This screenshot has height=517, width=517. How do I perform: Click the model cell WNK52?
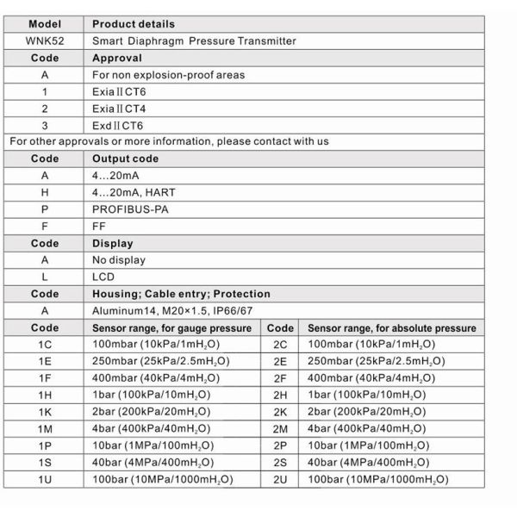tap(45, 40)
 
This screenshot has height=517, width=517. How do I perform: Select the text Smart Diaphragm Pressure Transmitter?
tap(194, 40)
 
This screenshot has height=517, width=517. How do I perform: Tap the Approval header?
tap(117, 58)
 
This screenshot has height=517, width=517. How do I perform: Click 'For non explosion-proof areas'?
tap(168, 75)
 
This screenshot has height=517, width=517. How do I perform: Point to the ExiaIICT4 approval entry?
tap(124, 109)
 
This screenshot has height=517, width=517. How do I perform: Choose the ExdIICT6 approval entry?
tap(124, 125)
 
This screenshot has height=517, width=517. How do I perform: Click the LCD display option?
tap(103, 277)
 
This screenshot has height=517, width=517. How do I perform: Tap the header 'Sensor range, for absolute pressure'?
tap(391, 328)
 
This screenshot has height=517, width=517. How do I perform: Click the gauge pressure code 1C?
tap(45, 345)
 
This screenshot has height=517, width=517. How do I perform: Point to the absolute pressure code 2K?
tap(280, 412)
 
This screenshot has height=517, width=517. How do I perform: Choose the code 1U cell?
tap(45, 479)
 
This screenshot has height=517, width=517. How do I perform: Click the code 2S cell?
tap(280, 463)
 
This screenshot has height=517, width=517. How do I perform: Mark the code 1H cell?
tap(45, 396)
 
